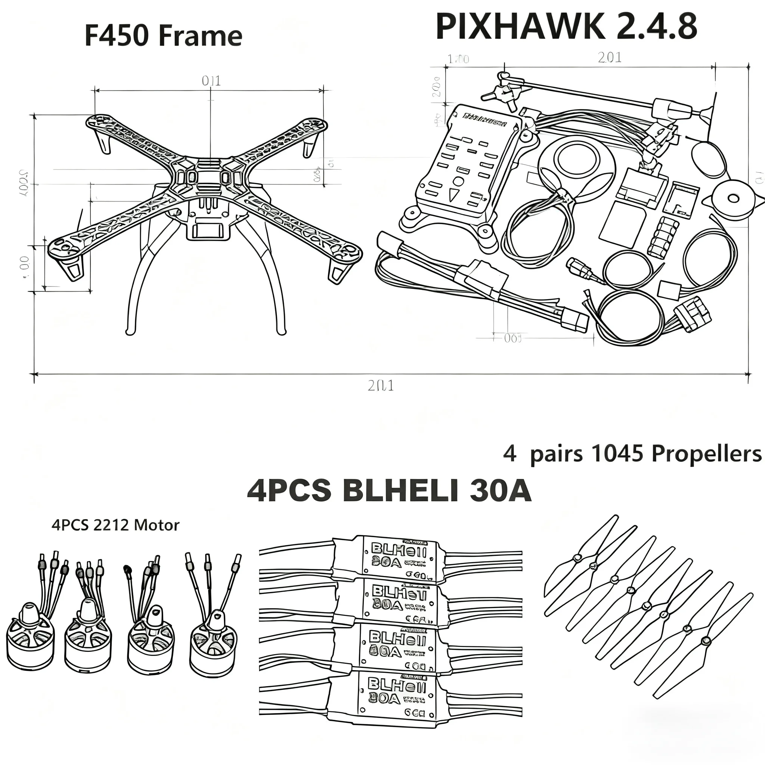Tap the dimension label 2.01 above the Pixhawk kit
click(610, 58)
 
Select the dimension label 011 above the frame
click(211, 81)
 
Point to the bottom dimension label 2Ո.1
click(381, 385)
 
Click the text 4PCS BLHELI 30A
click(389, 491)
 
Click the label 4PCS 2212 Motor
click(115, 525)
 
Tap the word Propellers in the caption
click(706, 454)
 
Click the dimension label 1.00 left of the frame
click(25, 267)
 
